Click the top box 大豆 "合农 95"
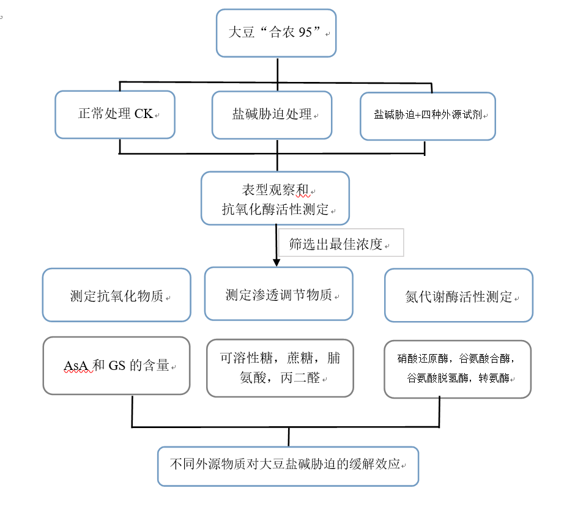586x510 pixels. tap(276, 33)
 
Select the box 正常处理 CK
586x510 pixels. tap(115, 115)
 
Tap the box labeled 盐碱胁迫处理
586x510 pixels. tap(272, 115)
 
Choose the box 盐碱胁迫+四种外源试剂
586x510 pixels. tap(428, 116)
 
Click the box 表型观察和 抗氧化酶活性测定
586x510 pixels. tap(275, 198)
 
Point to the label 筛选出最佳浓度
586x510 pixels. tap(336, 245)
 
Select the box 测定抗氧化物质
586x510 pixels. tap(117, 295)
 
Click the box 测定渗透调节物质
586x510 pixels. tap(279, 294)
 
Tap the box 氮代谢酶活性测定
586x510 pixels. tap(459, 295)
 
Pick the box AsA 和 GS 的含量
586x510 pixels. tap(117, 366)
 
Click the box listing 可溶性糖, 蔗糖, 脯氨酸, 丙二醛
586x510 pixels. tap(280, 368)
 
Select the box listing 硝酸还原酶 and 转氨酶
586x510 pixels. tap(458, 369)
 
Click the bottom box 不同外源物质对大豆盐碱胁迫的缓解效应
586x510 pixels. tap(288, 467)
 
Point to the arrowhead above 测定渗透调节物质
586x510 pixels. tap(276, 263)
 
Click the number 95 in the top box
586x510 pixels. tap(305, 32)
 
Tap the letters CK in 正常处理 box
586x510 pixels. tap(144, 114)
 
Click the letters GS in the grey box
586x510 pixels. tap(117, 366)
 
